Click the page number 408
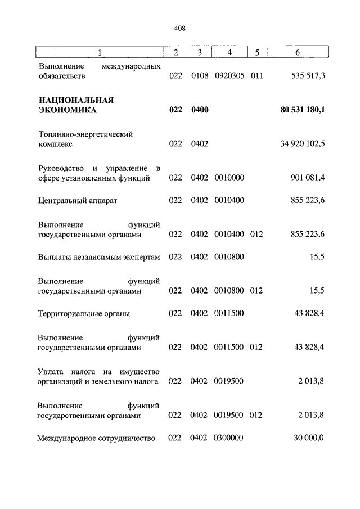click(x=180, y=28)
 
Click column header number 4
click(x=229, y=53)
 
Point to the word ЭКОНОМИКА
click(x=67, y=110)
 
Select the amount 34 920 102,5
click(x=303, y=144)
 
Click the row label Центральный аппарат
click(x=78, y=200)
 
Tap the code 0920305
click(x=229, y=76)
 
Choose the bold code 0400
click(x=200, y=110)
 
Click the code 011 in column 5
click(x=257, y=76)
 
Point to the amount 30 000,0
click(x=308, y=438)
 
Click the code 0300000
click(x=229, y=438)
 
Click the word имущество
click(x=141, y=372)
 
